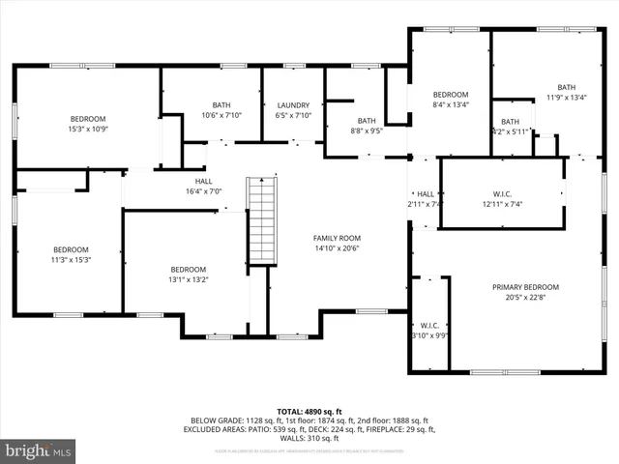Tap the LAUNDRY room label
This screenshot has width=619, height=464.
coord(293,105)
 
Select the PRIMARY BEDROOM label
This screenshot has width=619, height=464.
coord(525,287)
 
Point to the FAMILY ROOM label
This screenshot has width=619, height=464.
coord(337,238)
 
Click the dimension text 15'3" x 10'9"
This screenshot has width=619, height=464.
coord(87,129)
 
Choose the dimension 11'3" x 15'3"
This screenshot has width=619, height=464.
coord(71,260)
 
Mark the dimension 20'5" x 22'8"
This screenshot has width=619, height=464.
coord(525,298)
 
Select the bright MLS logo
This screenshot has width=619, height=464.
coord(39,450)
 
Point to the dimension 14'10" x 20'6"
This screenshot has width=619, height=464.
coord(337,248)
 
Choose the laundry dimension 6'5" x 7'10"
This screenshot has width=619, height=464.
coord(293,116)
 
